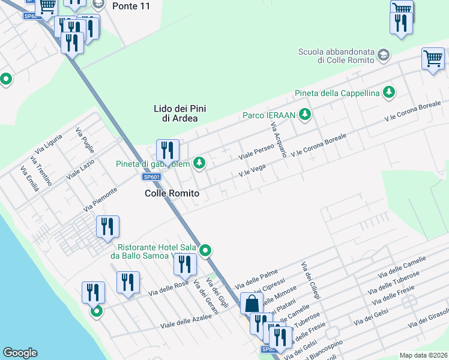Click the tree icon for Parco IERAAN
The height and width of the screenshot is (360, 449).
[306, 114]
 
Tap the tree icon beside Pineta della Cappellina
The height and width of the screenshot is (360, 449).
[390, 92]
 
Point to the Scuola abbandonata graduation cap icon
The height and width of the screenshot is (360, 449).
[382, 56]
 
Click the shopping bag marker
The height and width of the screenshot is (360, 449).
[251, 303]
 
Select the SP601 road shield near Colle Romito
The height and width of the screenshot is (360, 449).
[152, 177]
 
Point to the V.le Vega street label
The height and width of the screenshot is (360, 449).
[252, 172]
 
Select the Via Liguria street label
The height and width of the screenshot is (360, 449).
[49, 148]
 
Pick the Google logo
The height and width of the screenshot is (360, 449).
[20, 353]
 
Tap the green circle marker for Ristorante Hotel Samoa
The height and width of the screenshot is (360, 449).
[206, 250]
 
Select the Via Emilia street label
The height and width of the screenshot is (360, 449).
[30, 179]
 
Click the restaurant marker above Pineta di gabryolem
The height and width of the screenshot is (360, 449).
[167, 150]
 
